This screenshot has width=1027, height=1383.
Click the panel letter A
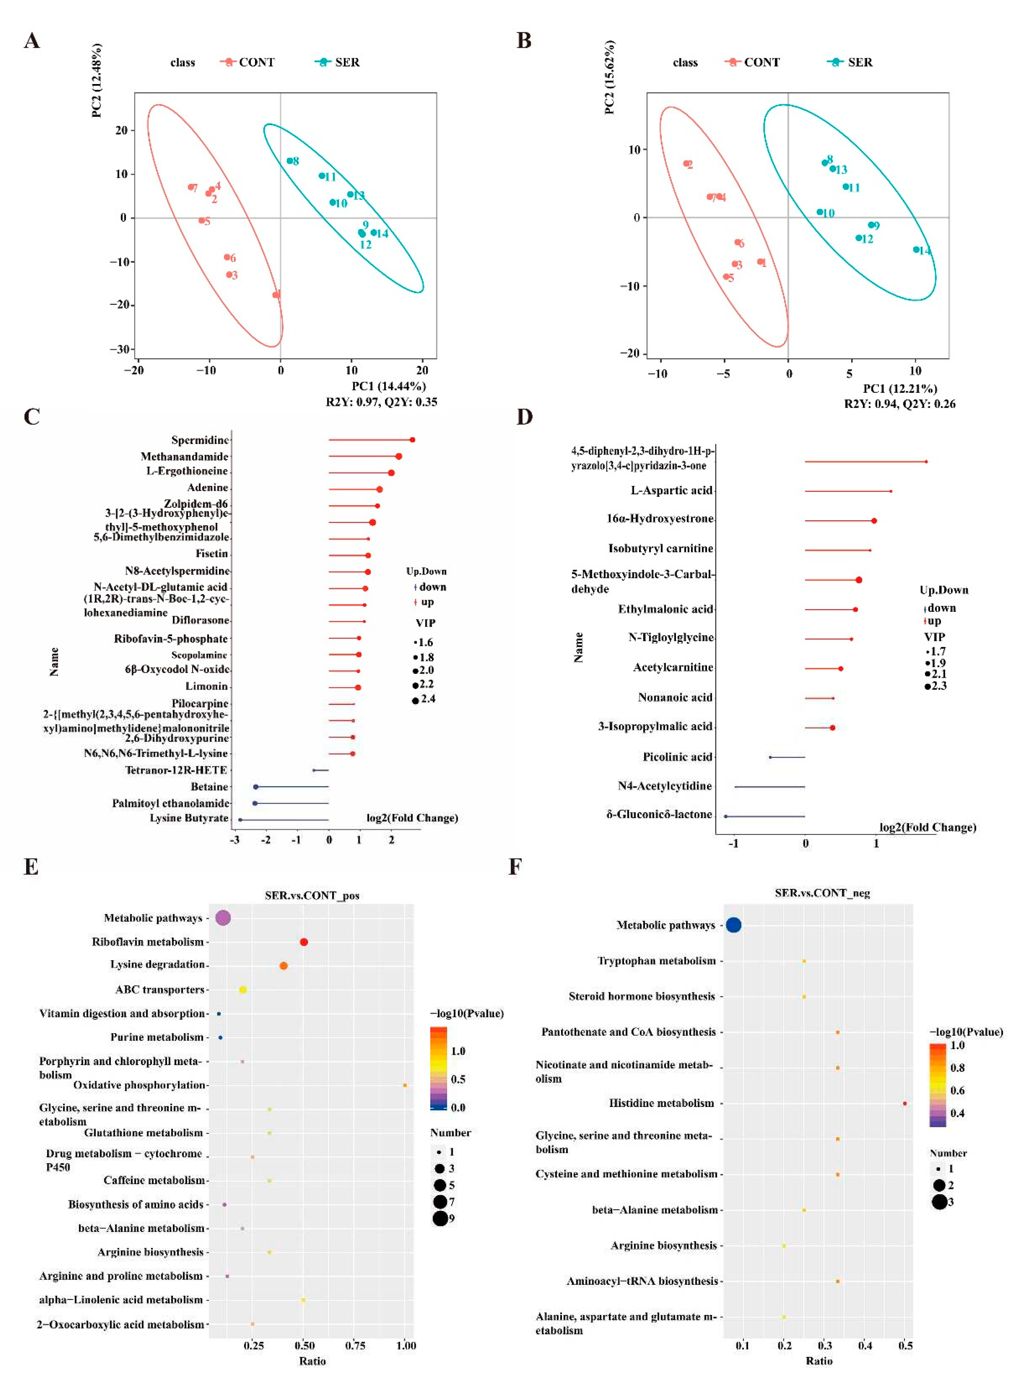tap(32, 41)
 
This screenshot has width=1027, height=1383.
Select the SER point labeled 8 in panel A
tap(290, 161)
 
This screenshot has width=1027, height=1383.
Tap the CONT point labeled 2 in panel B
tap(686, 164)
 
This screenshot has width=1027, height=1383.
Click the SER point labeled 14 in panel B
tap(916, 250)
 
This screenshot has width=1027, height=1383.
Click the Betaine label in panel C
tap(209, 787)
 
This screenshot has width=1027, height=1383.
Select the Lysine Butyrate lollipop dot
tap(240, 820)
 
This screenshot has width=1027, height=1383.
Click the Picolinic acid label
tap(677, 757)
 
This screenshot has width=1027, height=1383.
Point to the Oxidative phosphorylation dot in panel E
tap(405, 1085)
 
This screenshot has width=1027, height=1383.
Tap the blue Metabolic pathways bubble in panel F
tap(733, 925)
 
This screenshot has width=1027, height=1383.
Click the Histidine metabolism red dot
tap(904, 1103)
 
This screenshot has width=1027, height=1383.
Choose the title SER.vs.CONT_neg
tap(822, 893)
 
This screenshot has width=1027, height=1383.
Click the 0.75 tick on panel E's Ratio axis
tap(355, 1345)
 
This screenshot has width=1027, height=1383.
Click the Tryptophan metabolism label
tap(656, 961)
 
